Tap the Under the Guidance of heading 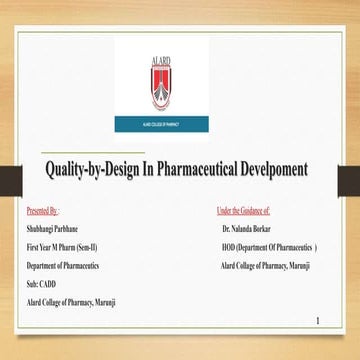(x=243, y=213)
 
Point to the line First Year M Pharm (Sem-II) (x=65, y=247)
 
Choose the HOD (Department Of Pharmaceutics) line (x=270, y=247)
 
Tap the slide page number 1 (x=317, y=322)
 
